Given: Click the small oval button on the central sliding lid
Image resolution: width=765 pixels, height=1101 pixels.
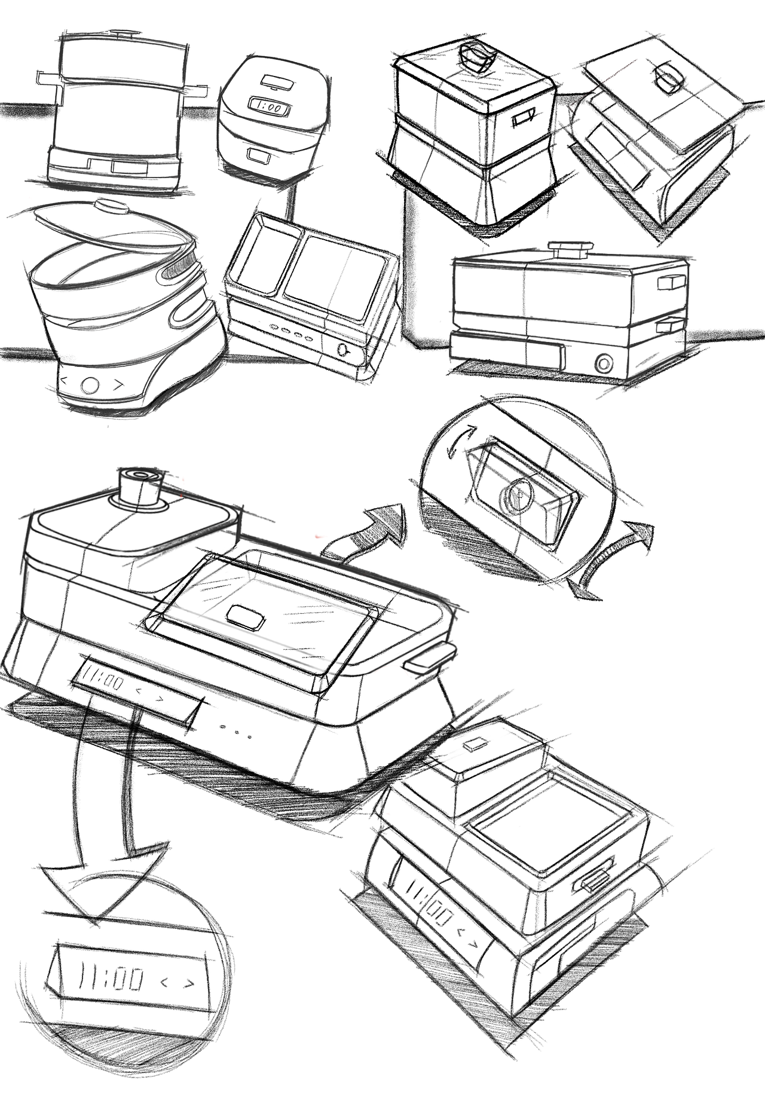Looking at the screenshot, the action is pyautogui.click(x=246, y=617).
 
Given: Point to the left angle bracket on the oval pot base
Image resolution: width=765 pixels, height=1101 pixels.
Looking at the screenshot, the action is pyautogui.click(x=65, y=380).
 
